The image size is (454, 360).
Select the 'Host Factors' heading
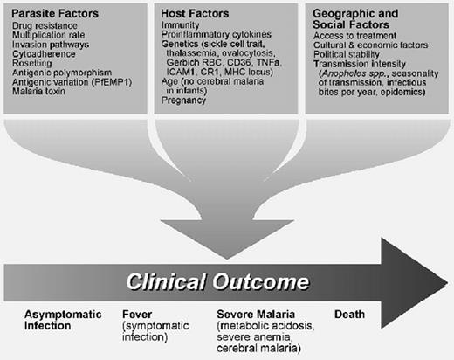coord(196,15)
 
